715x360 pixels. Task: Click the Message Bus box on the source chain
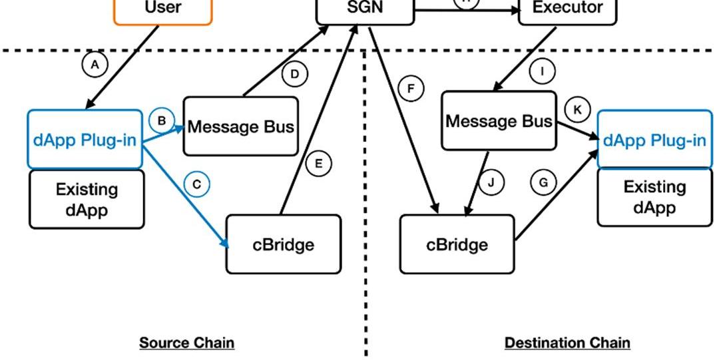240,126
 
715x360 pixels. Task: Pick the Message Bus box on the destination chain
499,121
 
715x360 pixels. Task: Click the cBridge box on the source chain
284,244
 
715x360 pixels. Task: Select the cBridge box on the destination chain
457,244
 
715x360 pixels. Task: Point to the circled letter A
95,65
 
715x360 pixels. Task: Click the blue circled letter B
162,120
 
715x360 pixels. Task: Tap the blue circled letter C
196,184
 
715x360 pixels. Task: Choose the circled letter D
295,74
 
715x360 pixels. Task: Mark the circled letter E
319,164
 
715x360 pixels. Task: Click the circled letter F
411,88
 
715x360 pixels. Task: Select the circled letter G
544,182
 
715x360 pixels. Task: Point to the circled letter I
543,71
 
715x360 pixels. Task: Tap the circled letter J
491,182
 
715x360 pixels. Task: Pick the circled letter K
577,109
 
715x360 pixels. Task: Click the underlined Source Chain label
186,343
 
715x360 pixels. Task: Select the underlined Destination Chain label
567,343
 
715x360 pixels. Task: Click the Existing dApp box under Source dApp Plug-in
87,199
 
